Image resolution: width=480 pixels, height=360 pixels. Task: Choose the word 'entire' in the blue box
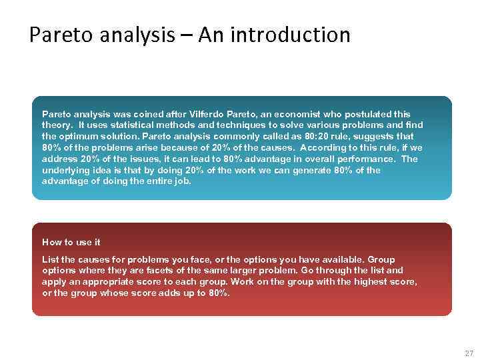tap(153, 181)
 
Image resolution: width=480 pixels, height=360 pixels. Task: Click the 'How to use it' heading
tap(71, 242)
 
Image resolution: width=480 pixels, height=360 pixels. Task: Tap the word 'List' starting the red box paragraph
tap(50, 259)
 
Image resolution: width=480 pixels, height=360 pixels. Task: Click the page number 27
tap(469, 353)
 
